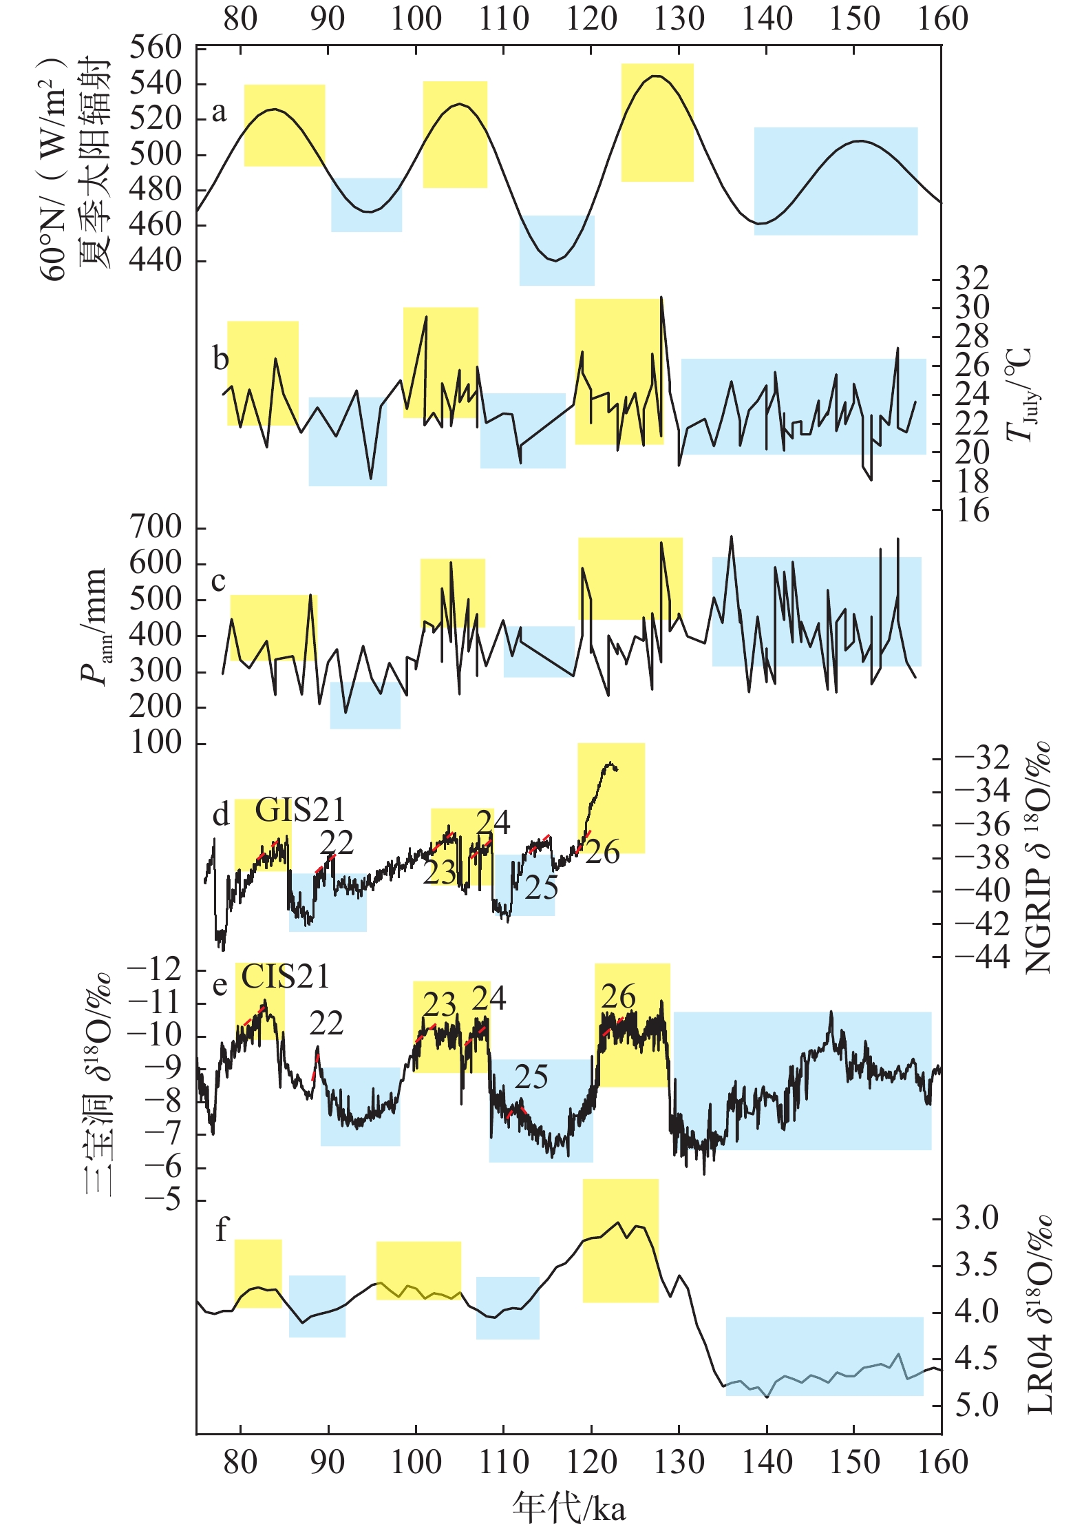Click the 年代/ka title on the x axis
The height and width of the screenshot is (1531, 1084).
click(568, 1507)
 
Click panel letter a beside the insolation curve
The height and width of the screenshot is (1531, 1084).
click(219, 112)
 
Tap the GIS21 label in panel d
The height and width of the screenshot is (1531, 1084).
click(300, 810)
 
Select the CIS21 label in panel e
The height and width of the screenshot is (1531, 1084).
click(286, 976)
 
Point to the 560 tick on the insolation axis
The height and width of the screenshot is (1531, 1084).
click(156, 48)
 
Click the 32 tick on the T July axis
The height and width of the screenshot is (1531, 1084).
click(972, 278)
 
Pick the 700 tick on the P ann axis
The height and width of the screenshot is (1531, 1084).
click(156, 528)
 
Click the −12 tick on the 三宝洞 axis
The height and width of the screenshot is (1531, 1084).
click(156, 970)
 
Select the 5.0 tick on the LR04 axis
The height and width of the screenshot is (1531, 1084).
click(976, 1405)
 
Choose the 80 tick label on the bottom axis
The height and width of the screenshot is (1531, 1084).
click(240, 1461)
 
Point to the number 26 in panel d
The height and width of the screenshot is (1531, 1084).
click(603, 853)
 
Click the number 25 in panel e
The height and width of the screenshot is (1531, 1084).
click(531, 1077)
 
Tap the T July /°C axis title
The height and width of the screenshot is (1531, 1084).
click(1019, 394)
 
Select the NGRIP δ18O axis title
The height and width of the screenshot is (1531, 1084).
click(1038, 857)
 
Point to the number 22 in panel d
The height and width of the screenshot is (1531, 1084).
click(337, 843)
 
